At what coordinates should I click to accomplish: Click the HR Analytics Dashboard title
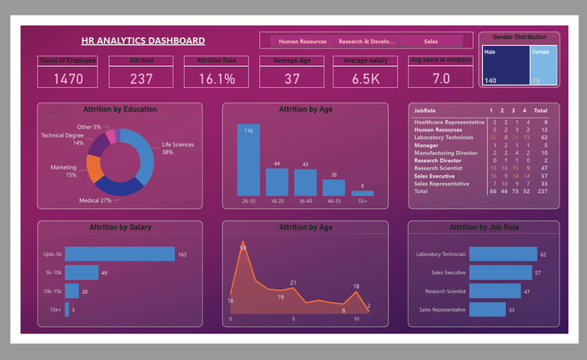point(143,40)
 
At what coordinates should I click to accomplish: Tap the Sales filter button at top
point(430,40)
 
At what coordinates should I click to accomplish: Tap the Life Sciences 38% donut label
point(177,149)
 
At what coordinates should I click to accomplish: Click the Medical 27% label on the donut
point(95,200)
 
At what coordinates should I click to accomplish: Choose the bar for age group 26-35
point(249,161)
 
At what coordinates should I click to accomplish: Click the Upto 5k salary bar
point(119,254)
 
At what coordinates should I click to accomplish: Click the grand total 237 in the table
point(540,191)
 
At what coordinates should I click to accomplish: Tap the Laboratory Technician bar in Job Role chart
point(502,254)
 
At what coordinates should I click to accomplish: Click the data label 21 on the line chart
point(293,283)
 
